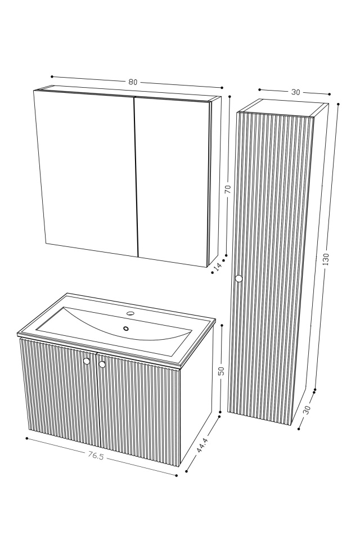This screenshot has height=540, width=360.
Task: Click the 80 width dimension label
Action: click(x=133, y=82)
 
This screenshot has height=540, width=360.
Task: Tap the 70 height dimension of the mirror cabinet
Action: click(x=228, y=189)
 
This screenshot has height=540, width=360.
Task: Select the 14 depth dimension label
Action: click(x=218, y=266)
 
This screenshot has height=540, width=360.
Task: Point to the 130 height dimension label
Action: click(x=326, y=258)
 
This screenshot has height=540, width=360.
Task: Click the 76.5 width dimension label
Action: click(x=96, y=456)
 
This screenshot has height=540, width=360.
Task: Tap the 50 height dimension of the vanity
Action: click(x=221, y=371)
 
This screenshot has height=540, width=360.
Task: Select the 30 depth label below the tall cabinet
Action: click(x=307, y=410)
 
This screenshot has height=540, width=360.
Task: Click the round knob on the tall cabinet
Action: click(x=238, y=278)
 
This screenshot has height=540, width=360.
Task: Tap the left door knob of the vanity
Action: click(x=87, y=361)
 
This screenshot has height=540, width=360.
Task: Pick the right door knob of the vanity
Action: click(x=102, y=364)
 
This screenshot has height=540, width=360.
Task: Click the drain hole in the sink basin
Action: click(x=126, y=328)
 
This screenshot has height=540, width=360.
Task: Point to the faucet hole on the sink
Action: click(x=130, y=313)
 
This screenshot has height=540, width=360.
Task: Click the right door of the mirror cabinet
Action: click(x=172, y=180)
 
